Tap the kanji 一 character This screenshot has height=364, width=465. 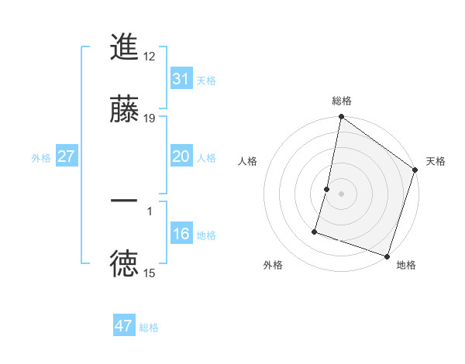point(124,201)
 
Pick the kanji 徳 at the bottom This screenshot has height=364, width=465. point(124,265)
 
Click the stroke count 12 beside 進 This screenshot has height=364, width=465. point(150,56)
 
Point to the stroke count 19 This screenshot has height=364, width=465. point(150,118)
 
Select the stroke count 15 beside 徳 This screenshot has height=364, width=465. point(150,273)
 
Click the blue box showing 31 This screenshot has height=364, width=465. point(181,79)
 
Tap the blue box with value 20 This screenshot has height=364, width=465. point(181,156)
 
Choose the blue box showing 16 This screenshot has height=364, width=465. point(181,234)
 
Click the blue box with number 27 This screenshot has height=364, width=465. point(67,156)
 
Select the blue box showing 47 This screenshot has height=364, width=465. point(124,326)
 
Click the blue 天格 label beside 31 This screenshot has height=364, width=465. point(206,81)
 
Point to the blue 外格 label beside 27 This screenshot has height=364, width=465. point(41,158)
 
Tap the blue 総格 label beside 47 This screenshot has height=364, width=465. point(149,328)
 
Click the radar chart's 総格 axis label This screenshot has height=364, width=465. point(341,101)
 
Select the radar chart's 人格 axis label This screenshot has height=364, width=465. point(248,161)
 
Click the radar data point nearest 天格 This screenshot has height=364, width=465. point(415,171)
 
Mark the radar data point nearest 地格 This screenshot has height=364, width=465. point(387,256)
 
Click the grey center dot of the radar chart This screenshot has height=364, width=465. point(341,194)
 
